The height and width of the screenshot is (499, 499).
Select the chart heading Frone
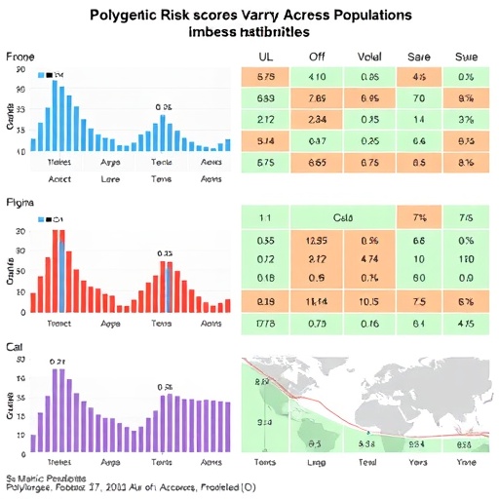click(20, 58)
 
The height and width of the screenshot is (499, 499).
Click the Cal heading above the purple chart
click(16, 347)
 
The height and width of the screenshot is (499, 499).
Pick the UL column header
click(265, 58)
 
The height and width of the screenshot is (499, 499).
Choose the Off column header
click(317, 58)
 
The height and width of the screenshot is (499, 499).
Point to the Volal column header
click(369, 58)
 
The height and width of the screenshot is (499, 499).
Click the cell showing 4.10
click(317, 77)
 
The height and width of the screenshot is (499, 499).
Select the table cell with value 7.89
click(317, 98)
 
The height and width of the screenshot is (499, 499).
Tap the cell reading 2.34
click(317, 120)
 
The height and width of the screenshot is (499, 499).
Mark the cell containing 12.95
click(317, 240)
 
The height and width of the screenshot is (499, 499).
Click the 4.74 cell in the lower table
click(369, 259)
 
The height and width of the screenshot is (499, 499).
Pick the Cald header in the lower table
click(343, 218)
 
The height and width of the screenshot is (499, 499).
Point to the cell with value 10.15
click(369, 301)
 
